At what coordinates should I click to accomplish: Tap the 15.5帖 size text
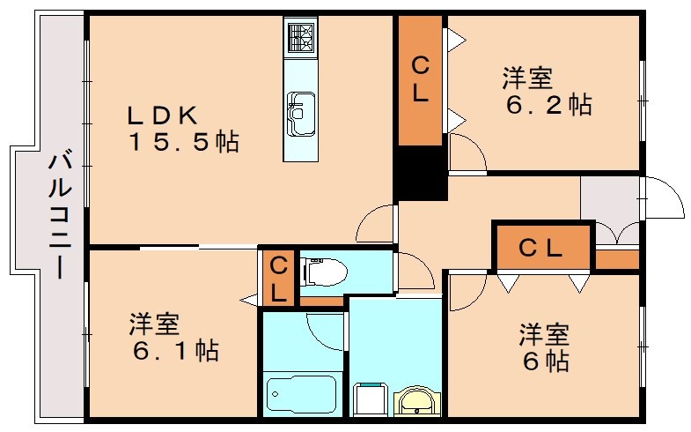(x=184, y=142)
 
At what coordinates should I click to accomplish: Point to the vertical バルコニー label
(x=60, y=214)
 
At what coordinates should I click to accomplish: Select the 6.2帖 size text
(x=547, y=105)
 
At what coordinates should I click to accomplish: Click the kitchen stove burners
(x=299, y=38)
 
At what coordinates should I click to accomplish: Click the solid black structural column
(x=420, y=172)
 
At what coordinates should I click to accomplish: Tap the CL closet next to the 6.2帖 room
(x=420, y=79)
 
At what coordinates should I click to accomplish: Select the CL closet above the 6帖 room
(x=540, y=248)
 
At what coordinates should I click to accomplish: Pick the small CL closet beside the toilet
(x=278, y=278)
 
